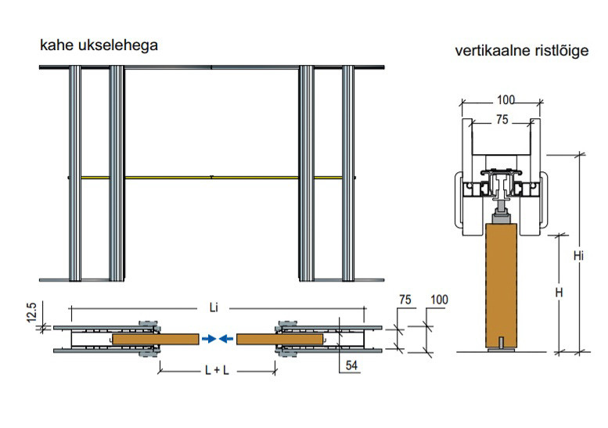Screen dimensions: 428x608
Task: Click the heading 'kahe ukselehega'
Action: pos(99,45)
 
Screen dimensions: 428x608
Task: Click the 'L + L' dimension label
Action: pos(213,369)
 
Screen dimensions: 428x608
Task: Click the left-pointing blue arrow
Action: pos(225,339)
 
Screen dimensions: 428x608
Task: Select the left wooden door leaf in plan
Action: pos(156,339)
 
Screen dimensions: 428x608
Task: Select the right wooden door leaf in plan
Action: pos(279,339)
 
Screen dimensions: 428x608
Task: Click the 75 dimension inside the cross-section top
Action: pos(501,120)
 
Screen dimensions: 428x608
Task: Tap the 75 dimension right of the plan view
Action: pos(405,299)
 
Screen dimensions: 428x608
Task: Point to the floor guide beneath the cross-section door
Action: pos(501,352)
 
